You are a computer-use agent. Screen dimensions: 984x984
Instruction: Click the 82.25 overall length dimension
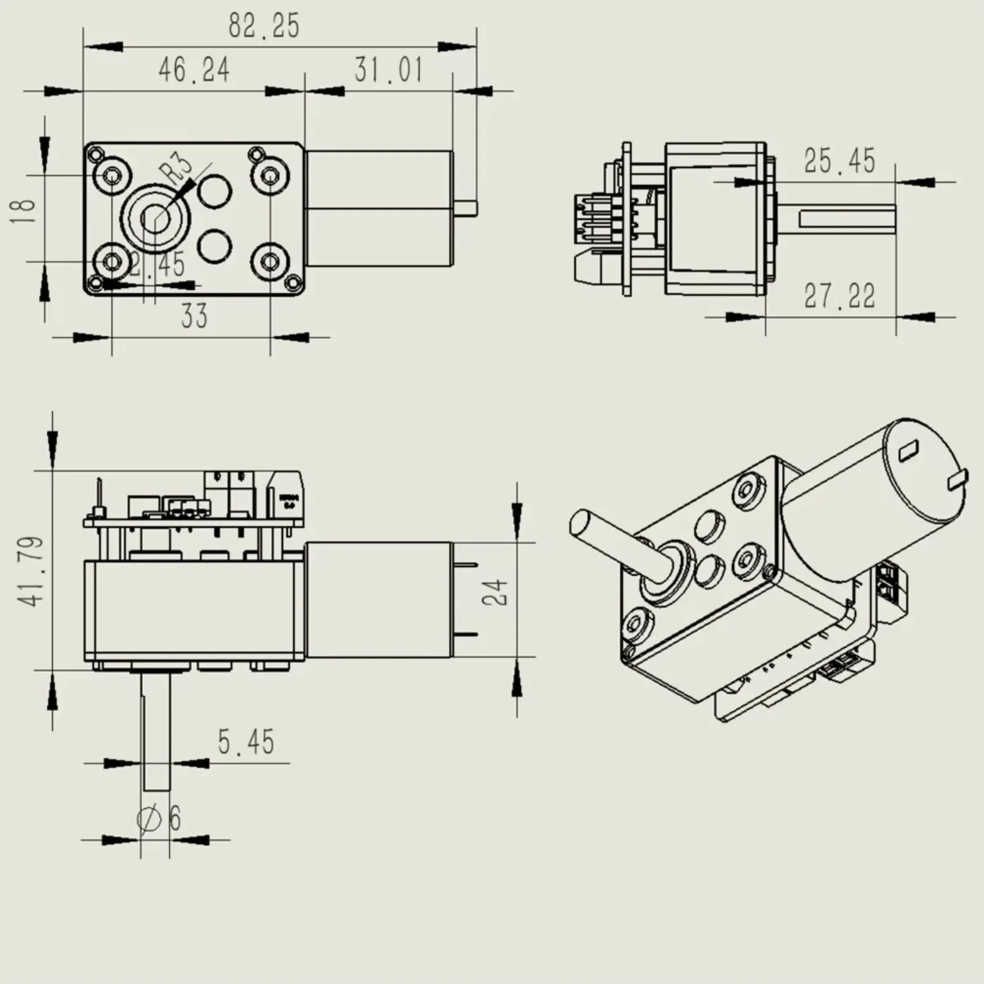tap(264, 26)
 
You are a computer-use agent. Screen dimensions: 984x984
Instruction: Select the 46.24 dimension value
tap(194, 70)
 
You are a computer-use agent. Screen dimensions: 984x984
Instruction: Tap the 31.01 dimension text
tap(389, 69)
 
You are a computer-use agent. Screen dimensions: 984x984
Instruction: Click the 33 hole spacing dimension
tap(194, 317)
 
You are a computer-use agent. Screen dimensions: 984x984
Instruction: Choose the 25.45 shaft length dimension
tap(839, 162)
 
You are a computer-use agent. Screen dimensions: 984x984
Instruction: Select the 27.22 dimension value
tap(839, 296)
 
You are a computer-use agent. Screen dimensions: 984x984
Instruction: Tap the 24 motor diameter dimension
tap(497, 592)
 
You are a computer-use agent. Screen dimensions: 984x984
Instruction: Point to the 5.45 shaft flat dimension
tap(246, 742)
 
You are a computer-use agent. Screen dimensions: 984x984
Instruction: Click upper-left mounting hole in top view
tap(112, 177)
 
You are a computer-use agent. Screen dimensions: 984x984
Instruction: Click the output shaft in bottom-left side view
tap(155, 732)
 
